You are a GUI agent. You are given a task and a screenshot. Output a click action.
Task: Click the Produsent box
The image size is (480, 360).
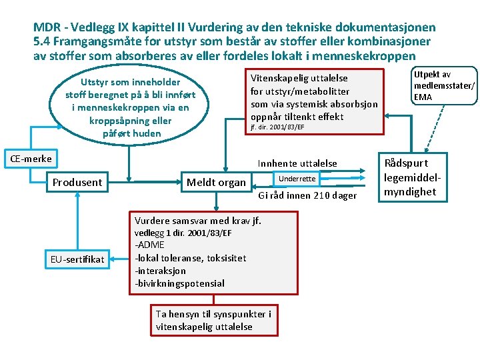pos(77,182)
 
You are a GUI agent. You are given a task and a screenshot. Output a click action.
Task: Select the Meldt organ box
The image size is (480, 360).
pos(216,182)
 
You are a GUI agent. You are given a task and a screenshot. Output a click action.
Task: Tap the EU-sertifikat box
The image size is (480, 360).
pos(78,259)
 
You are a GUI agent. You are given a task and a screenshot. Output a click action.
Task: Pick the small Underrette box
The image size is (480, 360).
pos(297,179)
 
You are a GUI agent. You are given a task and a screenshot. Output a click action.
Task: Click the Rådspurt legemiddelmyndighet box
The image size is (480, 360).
pos(409,177)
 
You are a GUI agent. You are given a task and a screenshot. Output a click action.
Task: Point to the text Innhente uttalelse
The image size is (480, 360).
pos(297,163)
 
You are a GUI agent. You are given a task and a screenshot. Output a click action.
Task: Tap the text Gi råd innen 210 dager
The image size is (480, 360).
pos(307,195)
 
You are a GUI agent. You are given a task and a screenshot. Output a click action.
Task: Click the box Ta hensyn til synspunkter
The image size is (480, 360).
pos(213,320)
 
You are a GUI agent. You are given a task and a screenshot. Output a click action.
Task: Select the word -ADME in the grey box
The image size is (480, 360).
pos(149,245)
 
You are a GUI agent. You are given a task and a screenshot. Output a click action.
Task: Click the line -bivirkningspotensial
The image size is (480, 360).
pos(179,283)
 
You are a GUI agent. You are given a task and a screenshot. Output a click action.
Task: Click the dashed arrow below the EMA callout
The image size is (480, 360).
pos(430,129)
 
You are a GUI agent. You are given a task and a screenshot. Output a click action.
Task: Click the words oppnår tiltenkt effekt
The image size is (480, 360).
pos(297,116)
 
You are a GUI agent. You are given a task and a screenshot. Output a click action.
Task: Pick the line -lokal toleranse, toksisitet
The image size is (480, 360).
pos(190,258)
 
